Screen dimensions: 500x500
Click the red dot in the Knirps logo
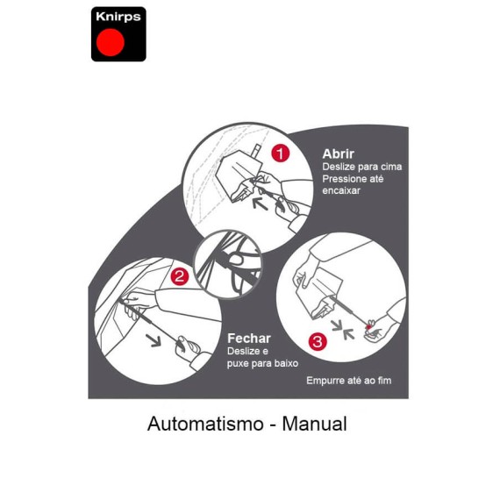(111, 42)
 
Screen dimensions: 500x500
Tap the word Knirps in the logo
(118, 17)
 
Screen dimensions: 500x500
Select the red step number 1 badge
(281, 154)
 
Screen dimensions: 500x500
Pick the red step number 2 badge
(180, 276)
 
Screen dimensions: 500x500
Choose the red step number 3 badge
(318, 341)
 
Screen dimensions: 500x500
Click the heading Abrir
(338, 154)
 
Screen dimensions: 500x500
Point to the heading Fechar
(249, 339)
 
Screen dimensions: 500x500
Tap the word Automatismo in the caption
(205, 424)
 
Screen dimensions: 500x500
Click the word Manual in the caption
(314, 424)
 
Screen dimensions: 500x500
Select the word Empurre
(324, 381)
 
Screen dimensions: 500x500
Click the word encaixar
(341, 190)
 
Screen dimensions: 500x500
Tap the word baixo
(286, 363)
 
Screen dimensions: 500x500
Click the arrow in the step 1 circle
(261, 204)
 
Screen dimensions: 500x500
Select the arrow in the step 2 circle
(154, 340)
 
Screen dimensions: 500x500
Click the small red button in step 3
(369, 327)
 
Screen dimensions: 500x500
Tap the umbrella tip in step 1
(257, 150)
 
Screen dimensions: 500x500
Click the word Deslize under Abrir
(339, 167)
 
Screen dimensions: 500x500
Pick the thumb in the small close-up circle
(236, 260)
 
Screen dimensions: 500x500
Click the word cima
(391, 167)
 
